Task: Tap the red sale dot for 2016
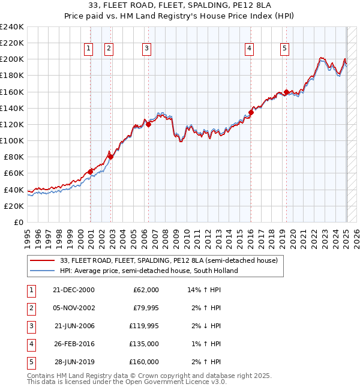coord(251,112)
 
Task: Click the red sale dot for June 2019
coord(287,92)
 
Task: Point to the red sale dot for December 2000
coord(91,172)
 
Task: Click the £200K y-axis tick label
coord(11,59)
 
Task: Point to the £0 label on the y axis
coord(18,222)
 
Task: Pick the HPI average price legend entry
coord(149,271)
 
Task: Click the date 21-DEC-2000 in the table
coord(74,290)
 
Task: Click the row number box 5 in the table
coord(30,362)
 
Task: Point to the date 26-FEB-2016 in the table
coord(74,344)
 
